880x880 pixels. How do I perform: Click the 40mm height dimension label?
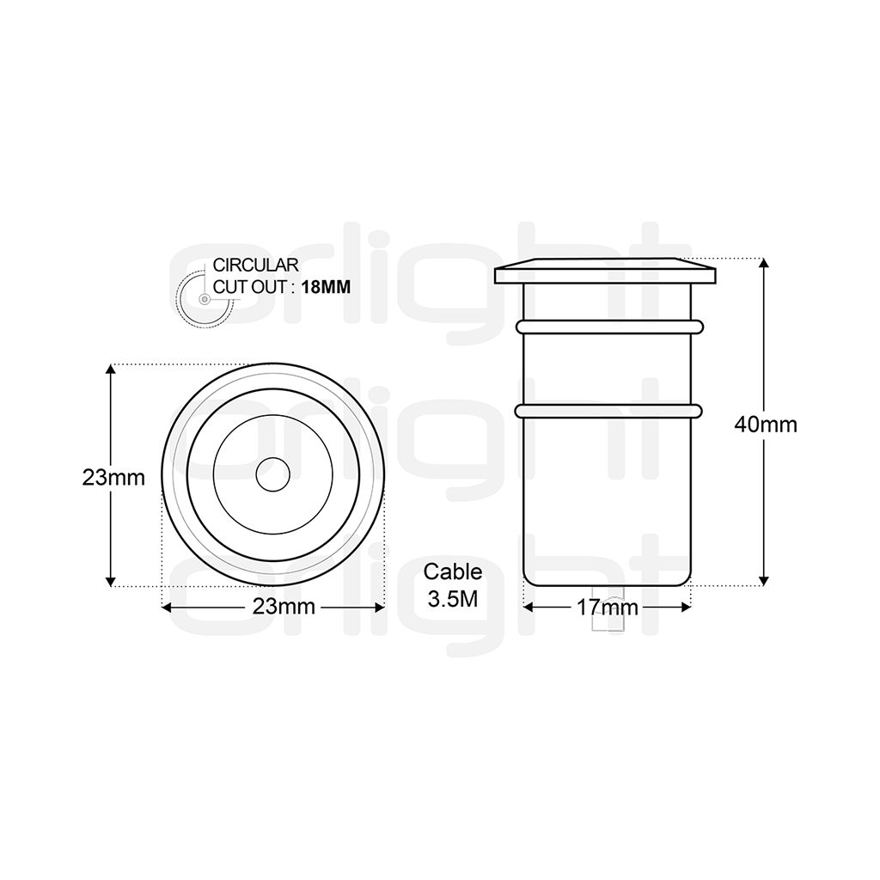pyautogui.click(x=766, y=425)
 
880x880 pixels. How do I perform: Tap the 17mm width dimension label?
pyautogui.click(x=607, y=608)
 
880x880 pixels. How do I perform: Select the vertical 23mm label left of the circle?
pyautogui.click(x=114, y=478)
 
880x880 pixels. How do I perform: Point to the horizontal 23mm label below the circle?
pyautogui.click(x=284, y=607)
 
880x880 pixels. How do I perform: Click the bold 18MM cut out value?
pyautogui.click(x=326, y=287)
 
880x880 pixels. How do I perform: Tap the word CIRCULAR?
pyautogui.click(x=255, y=265)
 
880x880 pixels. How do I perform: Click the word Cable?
pyautogui.click(x=453, y=571)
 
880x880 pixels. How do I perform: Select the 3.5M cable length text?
pyautogui.click(x=453, y=599)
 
